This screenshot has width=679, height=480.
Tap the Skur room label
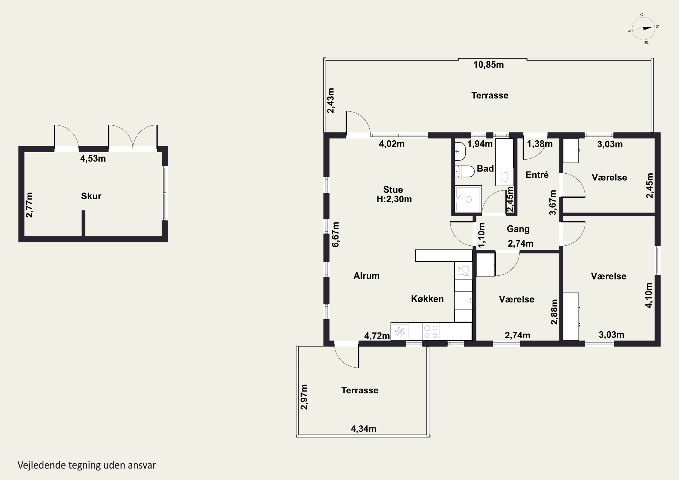pyautogui.click(x=91, y=196)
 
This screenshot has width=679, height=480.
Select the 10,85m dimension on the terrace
pyautogui.click(x=489, y=65)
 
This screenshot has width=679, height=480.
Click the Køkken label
pyautogui.click(x=427, y=299)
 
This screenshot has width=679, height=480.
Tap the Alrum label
pyautogui.click(x=366, y=276)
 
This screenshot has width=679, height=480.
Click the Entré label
pyautogui.click(x=537, y=175)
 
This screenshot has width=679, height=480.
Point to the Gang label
pyautogui.click(x=518, y=229)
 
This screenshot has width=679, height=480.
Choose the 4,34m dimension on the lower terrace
pyautogui.click(x=363, y=429)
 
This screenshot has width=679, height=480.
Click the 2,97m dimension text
pyautogui.click(x=304, y=397)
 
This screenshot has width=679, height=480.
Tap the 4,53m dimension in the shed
pyautogui.click(x=93, y=158)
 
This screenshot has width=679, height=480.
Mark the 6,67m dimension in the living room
pyautogui.click(x=335, y=234)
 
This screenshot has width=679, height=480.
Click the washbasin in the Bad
pyautogui.click(x=460, y=151)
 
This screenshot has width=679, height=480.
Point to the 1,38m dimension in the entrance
pyautogui.click(x=540, y=144)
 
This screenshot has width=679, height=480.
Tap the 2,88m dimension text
pyautogui.click(x=554, y=312)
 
